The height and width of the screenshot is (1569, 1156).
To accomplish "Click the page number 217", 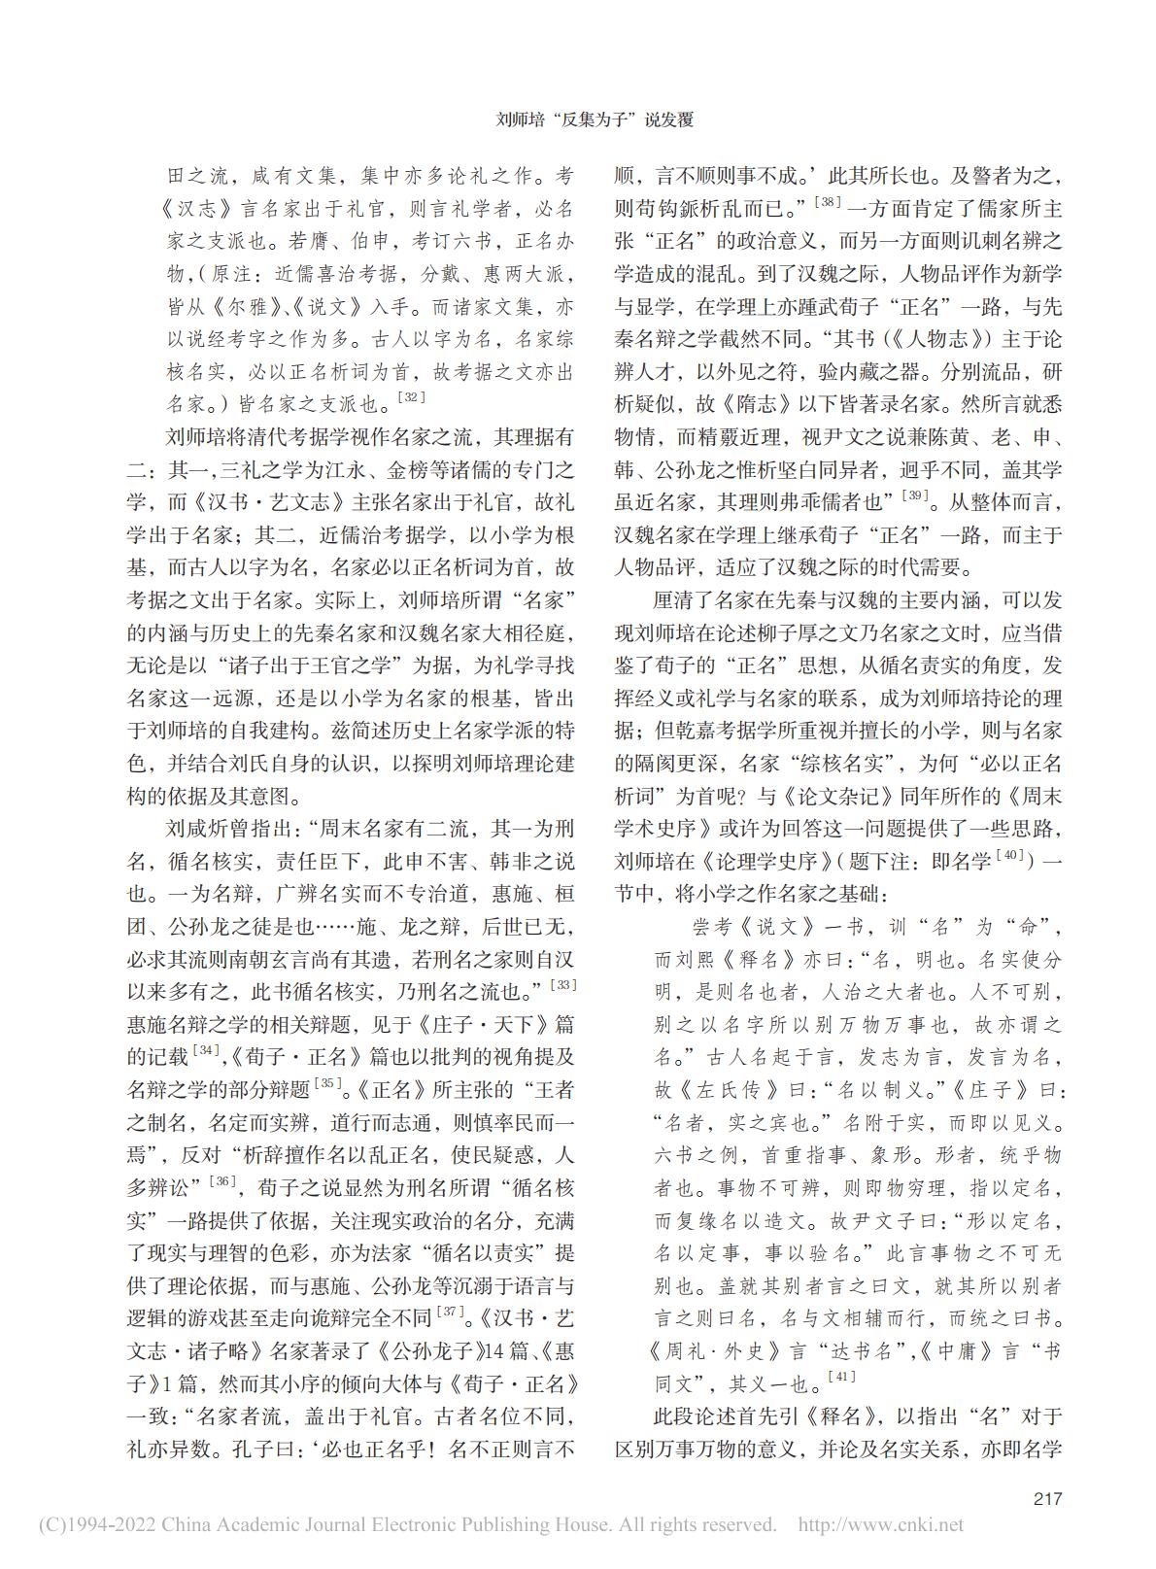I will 1047,1497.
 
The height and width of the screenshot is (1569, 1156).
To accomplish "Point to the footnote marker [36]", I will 225,1180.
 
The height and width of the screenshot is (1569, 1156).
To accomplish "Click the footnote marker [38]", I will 827,201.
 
